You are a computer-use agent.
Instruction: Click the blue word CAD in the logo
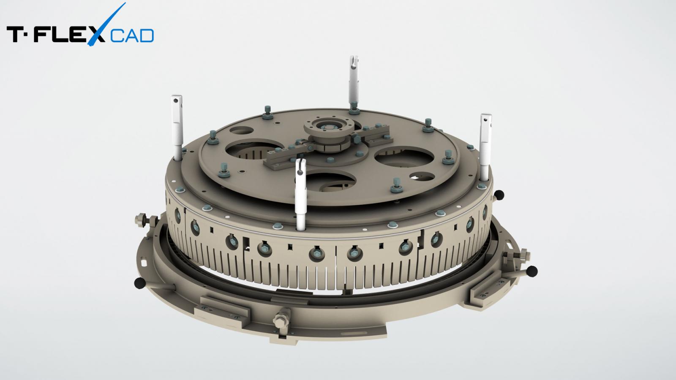[x=132, y=36]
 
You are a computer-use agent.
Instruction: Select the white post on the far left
[x=176, y=127]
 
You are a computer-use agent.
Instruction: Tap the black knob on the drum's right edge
[x=500, y=195]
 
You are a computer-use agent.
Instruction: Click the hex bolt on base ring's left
[x=140, y=220]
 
